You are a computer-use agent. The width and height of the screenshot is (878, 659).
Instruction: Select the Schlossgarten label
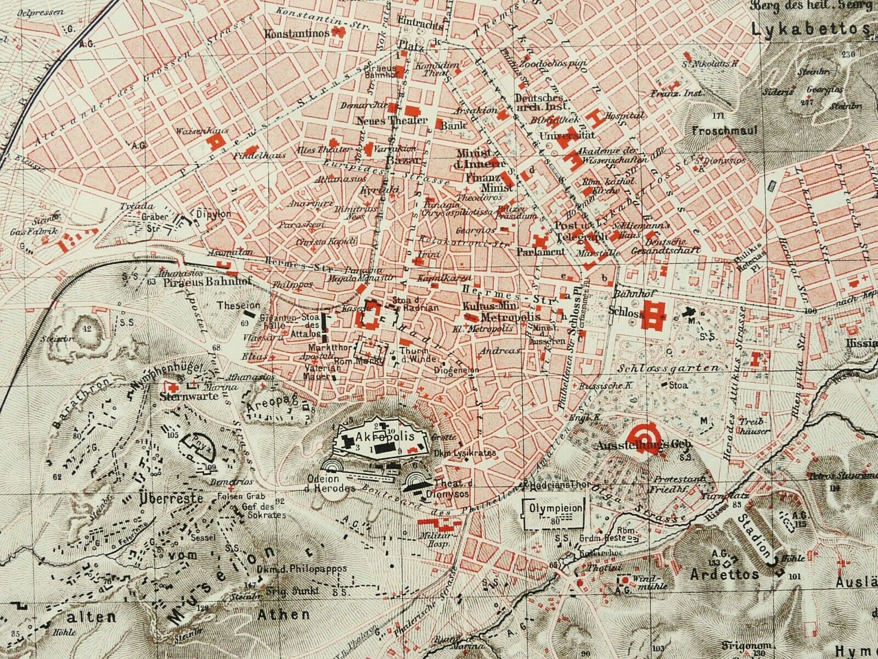pyautogui.click(x=684, y=368)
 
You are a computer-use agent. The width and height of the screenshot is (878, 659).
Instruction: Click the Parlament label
pyautogui.click(x=540, y=252)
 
